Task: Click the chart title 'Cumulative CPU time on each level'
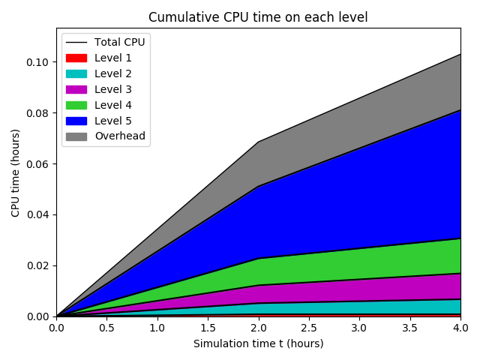(x=258, y=17)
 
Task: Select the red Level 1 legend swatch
(x=76, y=58)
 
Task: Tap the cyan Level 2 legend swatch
(x=76, y=73)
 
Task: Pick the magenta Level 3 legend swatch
(x=76, y=89)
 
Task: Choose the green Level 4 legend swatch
(x=76, y=105)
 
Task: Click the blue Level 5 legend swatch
(x=76, y=121)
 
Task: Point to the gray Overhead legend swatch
(x=76, y=136)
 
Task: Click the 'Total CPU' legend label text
(x=119, y=42)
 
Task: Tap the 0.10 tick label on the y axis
(x=38, y=62)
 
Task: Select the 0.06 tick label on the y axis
(x=38, y=164)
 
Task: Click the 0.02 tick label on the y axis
(x=38, y=265)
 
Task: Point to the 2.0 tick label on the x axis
(x=258, y=328)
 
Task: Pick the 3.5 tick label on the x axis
(x=409, y=328)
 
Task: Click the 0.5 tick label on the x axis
(x=106, y=328)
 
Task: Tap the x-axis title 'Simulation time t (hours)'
(x=258, y=343)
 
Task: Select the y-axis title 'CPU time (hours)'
(x=16, y=172)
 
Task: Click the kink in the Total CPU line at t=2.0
(x=258, y=142)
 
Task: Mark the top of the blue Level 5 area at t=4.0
(x=460, y=110)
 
